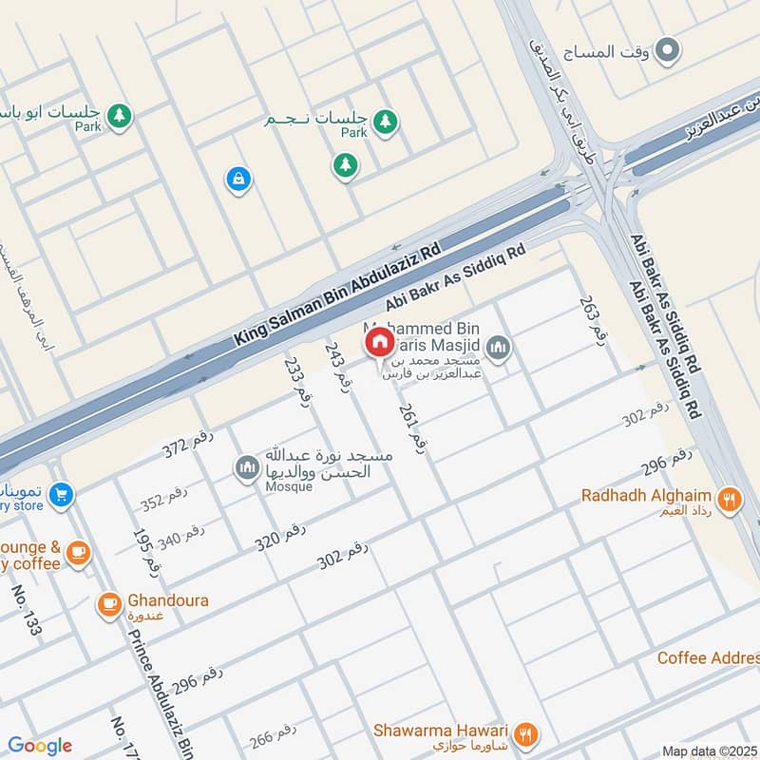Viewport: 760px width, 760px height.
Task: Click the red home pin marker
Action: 378,342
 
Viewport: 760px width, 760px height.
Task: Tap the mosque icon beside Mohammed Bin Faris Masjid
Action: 499,349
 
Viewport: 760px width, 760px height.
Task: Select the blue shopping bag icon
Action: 236,178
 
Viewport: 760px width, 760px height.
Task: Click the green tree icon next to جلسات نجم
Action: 385,122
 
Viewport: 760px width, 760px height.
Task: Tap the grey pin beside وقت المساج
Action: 669,48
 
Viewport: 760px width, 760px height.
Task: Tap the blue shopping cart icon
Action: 61,494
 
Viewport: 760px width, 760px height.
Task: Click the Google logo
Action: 40,746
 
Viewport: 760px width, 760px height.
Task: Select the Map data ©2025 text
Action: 709,750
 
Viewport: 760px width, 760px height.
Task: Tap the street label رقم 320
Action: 280,537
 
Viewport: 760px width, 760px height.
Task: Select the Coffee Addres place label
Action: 708,658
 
